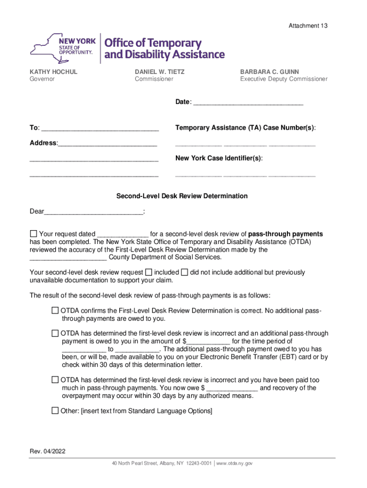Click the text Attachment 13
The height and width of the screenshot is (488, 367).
pyautogui.click(x=308, y=26)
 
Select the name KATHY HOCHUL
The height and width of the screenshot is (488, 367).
pyautogui.click(x=53, y=72)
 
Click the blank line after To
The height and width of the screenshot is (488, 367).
pyautogui.click(x=100, y=128)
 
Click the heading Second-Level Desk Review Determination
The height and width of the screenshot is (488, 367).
pyautogui.click(x=183, y=196)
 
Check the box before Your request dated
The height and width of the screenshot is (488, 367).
pyautogui.click(x=33, y=234)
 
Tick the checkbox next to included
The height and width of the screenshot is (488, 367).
pyautogui.click(x=149, y=272)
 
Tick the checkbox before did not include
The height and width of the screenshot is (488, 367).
pyautogui.click(x=184, y=272)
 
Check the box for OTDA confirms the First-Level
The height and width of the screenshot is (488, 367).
pyautogui.click(x=55, y=311)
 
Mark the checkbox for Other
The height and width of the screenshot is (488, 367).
pyautogui.click(x=55, y=411)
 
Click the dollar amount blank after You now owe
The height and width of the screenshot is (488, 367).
pyautogui.click(x=232, y=388)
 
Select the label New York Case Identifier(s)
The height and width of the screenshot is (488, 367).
pyautogui.click(x=219, y=158)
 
